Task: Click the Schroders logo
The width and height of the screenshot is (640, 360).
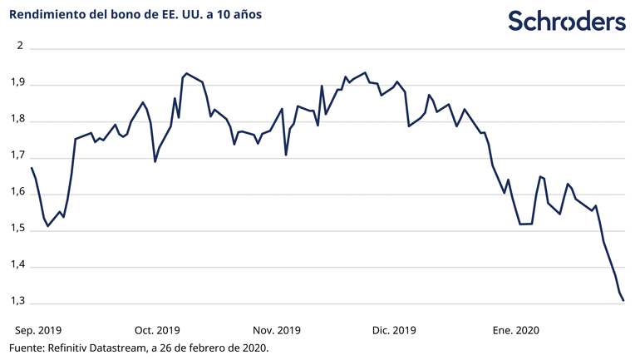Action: [567, 22]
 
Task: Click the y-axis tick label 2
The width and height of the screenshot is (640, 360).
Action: [20, 48]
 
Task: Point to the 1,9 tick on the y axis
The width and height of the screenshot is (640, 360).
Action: [17, 85]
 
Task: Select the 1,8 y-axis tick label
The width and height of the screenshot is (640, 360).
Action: [17, 121]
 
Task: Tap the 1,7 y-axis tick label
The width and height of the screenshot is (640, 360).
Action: [17, 157]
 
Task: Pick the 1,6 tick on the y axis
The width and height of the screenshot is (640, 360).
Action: [17, 194]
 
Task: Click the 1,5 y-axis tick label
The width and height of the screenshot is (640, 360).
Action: [17, 230]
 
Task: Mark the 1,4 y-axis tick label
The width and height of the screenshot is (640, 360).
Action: [17, 266]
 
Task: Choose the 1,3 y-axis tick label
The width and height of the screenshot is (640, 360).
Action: [17, 303]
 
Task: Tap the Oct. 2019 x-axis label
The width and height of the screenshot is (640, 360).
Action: [157, 330]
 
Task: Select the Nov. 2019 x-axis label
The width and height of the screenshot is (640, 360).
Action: [277, 330]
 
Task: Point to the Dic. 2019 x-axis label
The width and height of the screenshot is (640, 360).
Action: [394, 330]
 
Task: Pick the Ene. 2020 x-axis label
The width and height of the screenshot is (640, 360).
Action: [514, 330]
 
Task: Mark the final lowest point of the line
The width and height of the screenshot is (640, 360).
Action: [624, 300]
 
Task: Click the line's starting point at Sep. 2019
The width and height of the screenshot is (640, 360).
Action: [32, 168]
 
